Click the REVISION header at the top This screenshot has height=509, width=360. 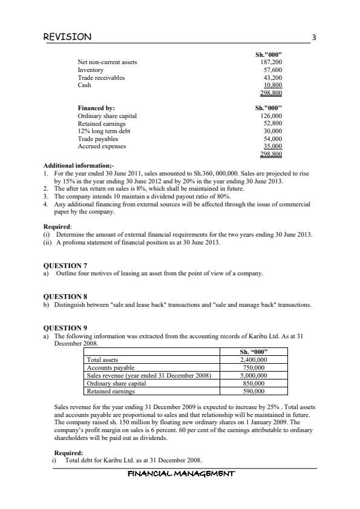click(x=68, y=37)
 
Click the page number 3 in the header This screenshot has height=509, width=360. click(x=313, y=38)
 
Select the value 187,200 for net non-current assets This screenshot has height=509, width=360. click(x=270, y=62)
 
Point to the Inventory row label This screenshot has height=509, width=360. click(x=90, y=70)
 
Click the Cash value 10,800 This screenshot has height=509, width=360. click(x=272, y=85)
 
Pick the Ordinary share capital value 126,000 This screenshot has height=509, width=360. click(x=270, y=116)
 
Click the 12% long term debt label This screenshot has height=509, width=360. click(x=103, y=131)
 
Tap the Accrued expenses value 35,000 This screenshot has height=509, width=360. click(x=272, y=146)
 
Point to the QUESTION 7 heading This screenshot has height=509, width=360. click(x=66, y=265)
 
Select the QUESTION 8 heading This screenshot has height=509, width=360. click(x=66, y=297)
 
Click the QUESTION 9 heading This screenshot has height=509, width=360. click(x=66, y=327)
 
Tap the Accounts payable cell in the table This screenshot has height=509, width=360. click(x=111, y=367)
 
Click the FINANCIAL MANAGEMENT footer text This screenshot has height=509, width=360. click(x=180, y=474)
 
